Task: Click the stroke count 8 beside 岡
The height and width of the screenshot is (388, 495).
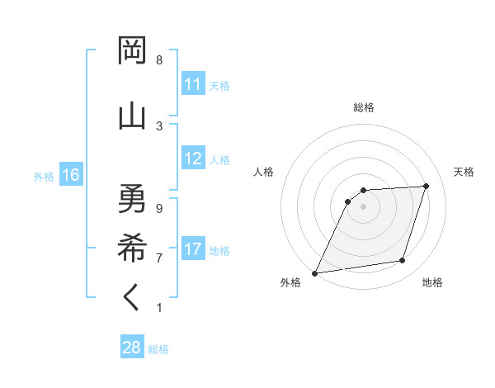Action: click(x=159, y=60)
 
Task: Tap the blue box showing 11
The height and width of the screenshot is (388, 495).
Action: click(x=193, y=84)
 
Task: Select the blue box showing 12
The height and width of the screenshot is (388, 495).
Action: click(x=193, y=159)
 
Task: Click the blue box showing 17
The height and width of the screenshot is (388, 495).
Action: click(x=193, y=249)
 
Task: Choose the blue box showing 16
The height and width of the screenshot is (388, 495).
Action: click(x=70, y=175)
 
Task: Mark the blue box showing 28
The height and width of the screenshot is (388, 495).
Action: click(x=132, y=348)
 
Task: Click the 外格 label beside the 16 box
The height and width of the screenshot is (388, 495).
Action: click(x=44, y=176)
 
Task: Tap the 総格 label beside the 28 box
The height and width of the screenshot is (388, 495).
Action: click(x=158, y=349)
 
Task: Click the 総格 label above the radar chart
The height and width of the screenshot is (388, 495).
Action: click(x=364, y=107)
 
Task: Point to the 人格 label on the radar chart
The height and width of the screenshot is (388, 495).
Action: click(x=263, y=172)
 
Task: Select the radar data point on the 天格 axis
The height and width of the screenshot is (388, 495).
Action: click(x=427, y=186)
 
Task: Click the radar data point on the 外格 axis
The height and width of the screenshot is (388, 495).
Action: click(x=314, y=273)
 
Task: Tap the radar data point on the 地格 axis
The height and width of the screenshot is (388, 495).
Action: click(x=403, y=261)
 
